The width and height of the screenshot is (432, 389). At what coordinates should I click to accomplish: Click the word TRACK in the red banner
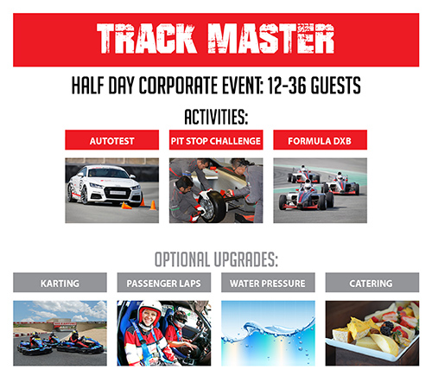[147, 39]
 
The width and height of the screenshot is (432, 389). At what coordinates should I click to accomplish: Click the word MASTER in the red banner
[271, 39]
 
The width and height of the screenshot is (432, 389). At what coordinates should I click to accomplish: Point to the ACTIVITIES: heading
[216, 117]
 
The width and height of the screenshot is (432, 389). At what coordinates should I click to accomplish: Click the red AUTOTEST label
[112, 140]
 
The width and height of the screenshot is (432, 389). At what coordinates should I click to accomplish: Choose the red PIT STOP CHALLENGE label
[216, 140]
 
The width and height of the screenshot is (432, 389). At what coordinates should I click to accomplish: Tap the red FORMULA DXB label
[321, 140]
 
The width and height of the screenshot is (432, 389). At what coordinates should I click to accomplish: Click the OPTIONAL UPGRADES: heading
[216, 259]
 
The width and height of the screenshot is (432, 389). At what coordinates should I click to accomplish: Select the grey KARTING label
[60, 283]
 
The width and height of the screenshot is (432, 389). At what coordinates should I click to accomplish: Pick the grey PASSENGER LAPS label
[164, 283]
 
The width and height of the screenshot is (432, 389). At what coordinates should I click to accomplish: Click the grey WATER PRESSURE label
[268, 283]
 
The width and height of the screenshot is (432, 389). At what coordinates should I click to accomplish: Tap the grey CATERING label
[372, 283]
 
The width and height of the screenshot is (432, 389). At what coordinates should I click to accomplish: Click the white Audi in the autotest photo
[105, 185]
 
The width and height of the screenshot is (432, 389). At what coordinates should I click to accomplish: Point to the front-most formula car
[306, 196]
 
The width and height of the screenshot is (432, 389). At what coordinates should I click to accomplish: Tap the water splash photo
[268, 334]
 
